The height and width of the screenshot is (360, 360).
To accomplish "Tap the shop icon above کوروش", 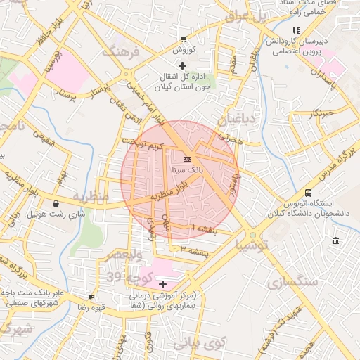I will click(184, 39).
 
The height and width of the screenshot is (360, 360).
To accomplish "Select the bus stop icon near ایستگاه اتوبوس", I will click(308, 193).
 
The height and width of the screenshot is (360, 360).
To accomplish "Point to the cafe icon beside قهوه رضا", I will click(90, 297).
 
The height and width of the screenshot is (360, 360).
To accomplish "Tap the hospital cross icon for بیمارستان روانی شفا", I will click(163, 285).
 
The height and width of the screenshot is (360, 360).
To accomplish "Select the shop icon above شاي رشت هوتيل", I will click(56, 204).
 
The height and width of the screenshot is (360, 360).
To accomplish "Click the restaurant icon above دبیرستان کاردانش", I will click(296, 30).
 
